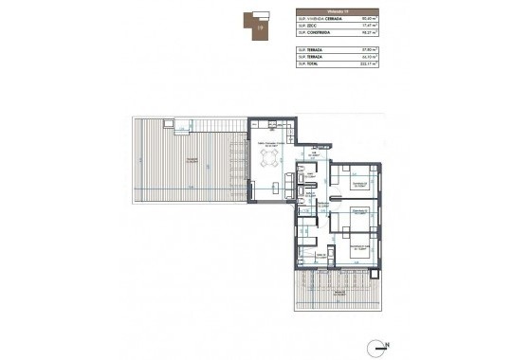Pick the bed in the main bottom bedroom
[361, 248]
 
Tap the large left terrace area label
[193, 160]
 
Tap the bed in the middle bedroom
[359, 215]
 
